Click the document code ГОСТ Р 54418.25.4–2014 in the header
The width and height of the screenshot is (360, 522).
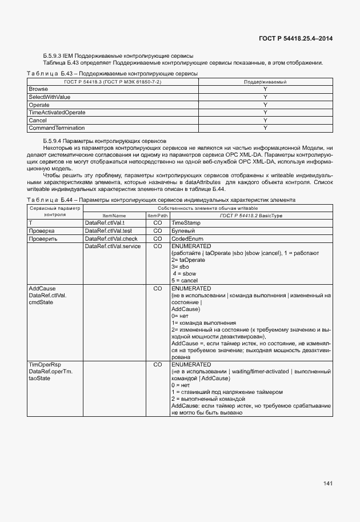pos(293,38)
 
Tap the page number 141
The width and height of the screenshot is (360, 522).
pos(327,484)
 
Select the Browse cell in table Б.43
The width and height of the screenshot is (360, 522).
pos(38,90)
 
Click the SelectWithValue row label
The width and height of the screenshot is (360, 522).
pos(49,97)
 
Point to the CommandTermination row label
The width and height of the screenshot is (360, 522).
pos(57,128)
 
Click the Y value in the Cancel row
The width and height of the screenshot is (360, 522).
pos(265,121)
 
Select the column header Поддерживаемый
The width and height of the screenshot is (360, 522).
pos(265,82)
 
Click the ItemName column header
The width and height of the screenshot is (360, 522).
pos(114,215)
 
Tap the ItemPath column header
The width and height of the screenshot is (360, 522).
pos(158,215)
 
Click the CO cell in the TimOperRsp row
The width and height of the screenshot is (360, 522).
pos(158,364)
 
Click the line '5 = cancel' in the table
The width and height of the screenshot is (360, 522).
pos(185,281)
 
